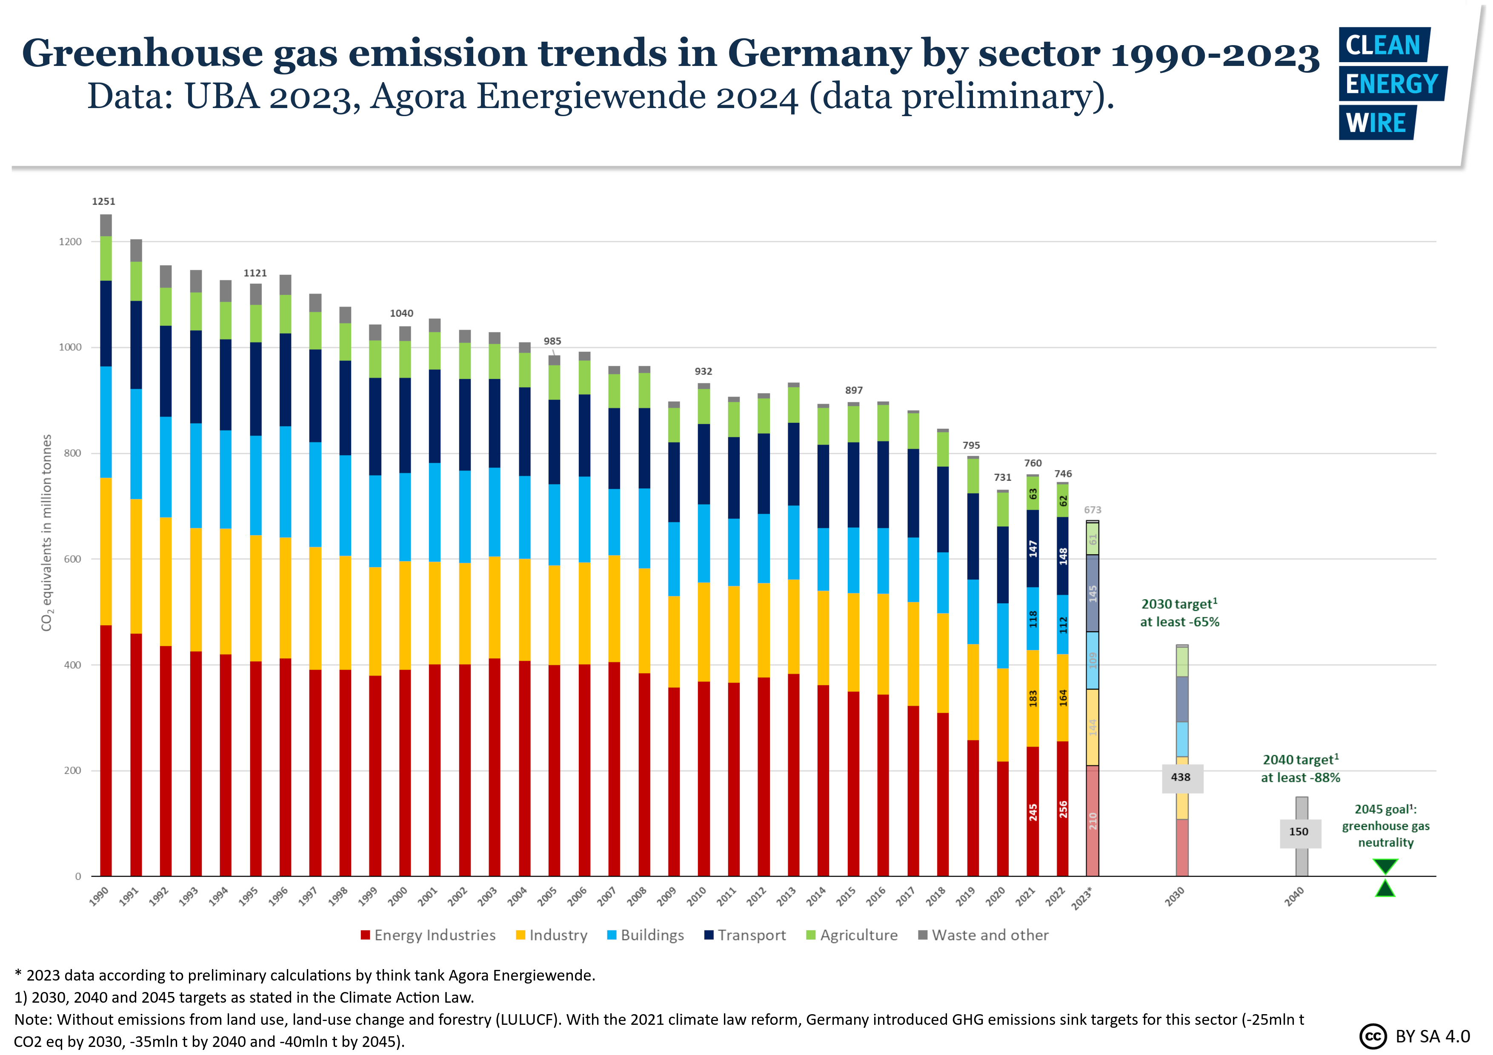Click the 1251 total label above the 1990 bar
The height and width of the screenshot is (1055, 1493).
[103, 202]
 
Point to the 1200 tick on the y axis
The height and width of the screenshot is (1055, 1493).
[70, 242]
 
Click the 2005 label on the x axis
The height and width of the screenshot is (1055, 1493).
[547, 896]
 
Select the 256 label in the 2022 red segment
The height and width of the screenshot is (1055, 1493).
[1063, 809]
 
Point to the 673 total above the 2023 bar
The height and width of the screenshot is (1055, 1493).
[1093, 510]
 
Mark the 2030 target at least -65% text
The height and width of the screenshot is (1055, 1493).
[1180, 613]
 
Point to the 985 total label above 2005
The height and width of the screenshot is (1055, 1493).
[552, 341]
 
